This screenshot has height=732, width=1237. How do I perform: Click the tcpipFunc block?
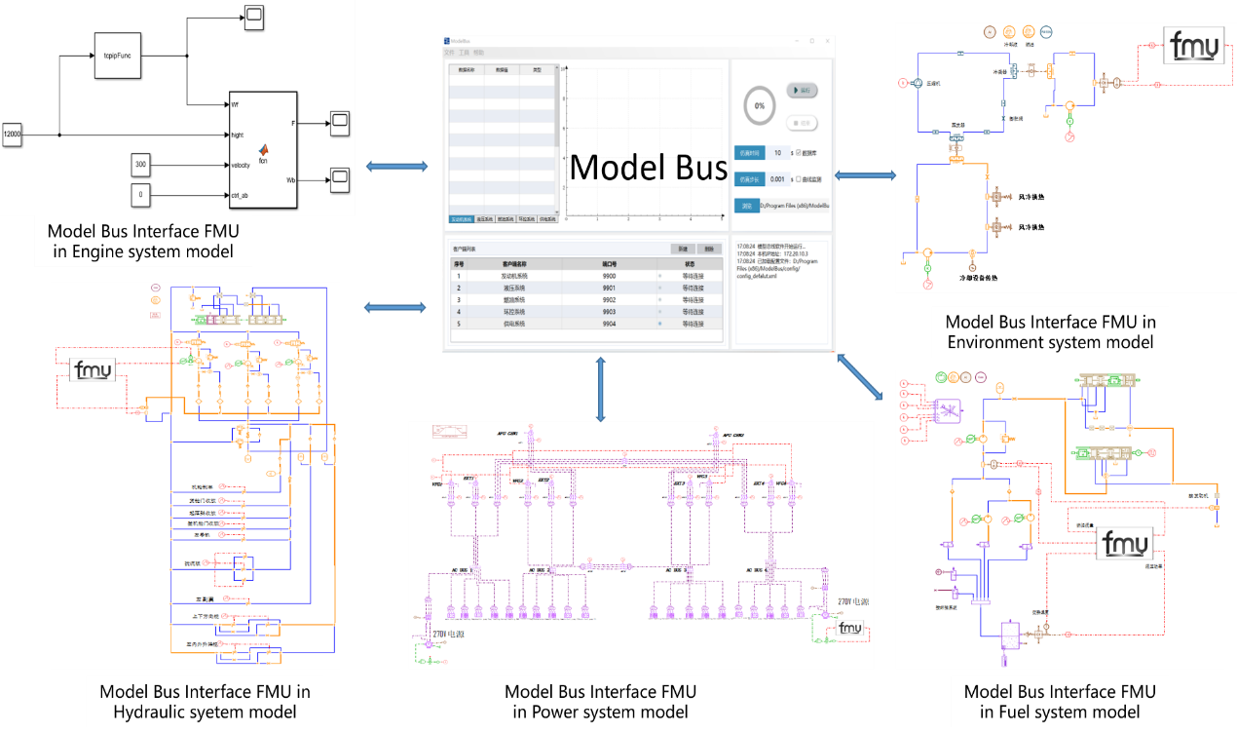[x=118, y=58]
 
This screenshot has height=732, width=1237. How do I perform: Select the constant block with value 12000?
[x=12, y=135]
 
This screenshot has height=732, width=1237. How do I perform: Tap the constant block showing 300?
[x=141, y=166]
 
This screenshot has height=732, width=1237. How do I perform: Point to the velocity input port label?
[x=244, y=165]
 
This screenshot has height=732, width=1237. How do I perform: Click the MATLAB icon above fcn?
[x=263, y=150]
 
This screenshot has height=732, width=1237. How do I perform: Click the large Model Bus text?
[x=648, y=169]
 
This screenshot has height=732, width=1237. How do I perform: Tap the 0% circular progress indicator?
[x=760, y=105]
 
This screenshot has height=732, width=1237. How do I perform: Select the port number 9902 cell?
[x=609, y=300]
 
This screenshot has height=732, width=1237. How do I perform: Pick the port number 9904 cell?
[x=609, y=324]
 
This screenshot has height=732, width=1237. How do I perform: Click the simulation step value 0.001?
[x=776, y=179]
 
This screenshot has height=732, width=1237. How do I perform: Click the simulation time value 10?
[x=777, y=153]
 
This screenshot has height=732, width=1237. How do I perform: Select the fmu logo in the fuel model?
[x=1126, y=543]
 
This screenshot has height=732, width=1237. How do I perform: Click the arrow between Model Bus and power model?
[x=601, y=389]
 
